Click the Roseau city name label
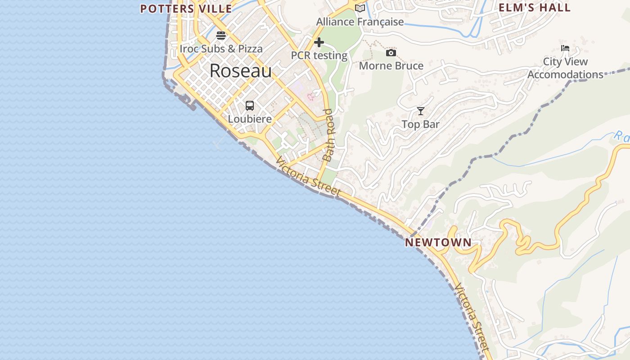240,71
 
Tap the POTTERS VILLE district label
186,9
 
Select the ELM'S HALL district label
535,8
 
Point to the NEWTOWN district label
438,243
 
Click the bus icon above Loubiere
250,106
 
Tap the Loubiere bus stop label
250,119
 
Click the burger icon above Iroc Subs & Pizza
221,35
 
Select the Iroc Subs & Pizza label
221,49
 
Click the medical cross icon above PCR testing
319,42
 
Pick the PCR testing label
319,56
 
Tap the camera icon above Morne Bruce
391,53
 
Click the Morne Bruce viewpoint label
391,66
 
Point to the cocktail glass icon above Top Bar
420,111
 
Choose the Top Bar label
420,125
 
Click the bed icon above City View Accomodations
565,48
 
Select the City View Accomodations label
565,68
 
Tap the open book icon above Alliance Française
360,8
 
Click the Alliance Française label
360,22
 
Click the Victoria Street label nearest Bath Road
308,176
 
